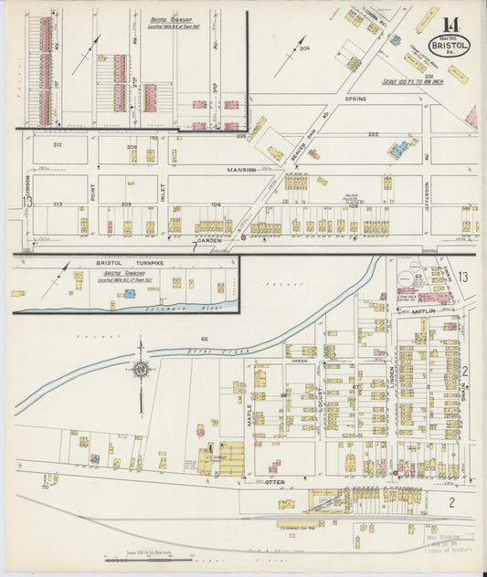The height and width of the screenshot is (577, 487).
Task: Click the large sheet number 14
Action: point(450,24)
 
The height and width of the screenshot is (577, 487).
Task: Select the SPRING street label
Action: point(355,98)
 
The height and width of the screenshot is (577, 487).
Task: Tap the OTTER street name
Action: point(275,481)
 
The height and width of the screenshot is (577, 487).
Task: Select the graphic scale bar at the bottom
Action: point(146,560)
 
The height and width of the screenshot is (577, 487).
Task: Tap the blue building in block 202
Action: point(398,149)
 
